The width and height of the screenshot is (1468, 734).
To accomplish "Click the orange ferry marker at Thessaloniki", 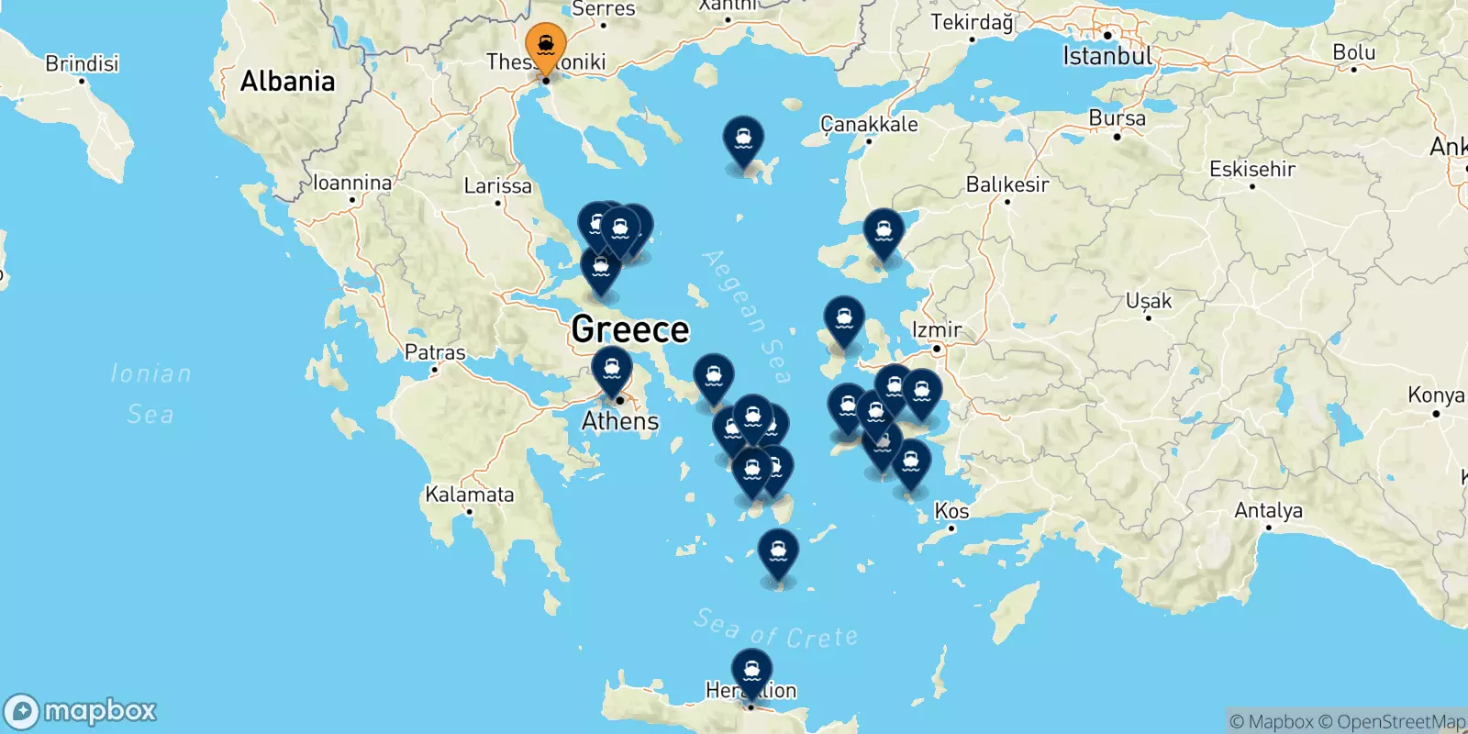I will (x=546, y=46).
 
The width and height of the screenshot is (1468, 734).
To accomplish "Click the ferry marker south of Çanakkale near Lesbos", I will (x=884, y=232).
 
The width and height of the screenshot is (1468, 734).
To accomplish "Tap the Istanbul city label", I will (x=1107, y=56).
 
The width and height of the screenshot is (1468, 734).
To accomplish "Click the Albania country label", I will (x=287, y=82).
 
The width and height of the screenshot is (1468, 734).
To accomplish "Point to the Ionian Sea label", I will (x=150, y=393).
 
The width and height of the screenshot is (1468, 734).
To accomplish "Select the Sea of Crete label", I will (x=776, y=628).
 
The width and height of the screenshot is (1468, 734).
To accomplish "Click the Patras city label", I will (x=435, y=352).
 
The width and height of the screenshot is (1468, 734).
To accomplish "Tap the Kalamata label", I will (x=469, y=495).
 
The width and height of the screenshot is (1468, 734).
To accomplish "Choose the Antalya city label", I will (x=1268, y=510).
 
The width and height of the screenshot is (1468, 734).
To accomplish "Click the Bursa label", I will (x=1117, y=118).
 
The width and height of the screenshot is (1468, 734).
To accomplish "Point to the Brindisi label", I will (x=82, y=63).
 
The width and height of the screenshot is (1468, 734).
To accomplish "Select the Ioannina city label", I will (x=352, y=183).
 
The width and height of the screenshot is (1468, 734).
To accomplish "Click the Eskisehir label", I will (x=1252, y=169).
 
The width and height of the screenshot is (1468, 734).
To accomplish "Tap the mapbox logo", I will (x=81, y=711).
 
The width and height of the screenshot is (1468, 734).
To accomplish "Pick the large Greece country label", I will (x=629, y=329).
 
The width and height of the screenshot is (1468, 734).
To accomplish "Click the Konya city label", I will (x=1436, y=395).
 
